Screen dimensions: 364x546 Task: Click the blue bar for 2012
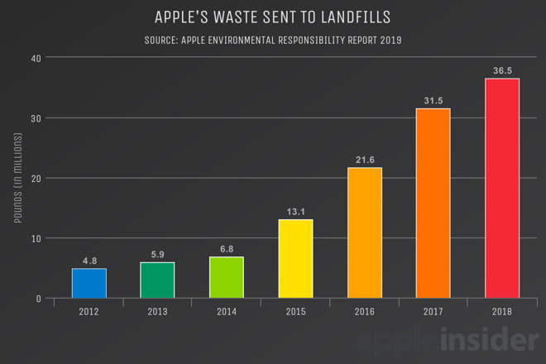tap(89, 283)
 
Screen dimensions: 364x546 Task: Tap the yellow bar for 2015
tap(295, 258)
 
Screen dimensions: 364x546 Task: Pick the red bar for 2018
tap(501, 188)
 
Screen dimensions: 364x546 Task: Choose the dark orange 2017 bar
tap(433, 203)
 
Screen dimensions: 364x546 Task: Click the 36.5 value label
tap(501, 71)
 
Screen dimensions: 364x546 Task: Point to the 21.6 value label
tap(364, 160)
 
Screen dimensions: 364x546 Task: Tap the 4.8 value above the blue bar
tap(89, 261)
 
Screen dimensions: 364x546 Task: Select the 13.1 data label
tap(295, 212)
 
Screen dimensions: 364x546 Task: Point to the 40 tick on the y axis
tap(35, 58)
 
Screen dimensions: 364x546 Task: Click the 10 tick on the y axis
tap(35, 238)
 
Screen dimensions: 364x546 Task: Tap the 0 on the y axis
tap(38, 299)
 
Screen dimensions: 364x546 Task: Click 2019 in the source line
tap(390, 40)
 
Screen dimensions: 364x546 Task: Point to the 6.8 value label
tap(226, 249)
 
